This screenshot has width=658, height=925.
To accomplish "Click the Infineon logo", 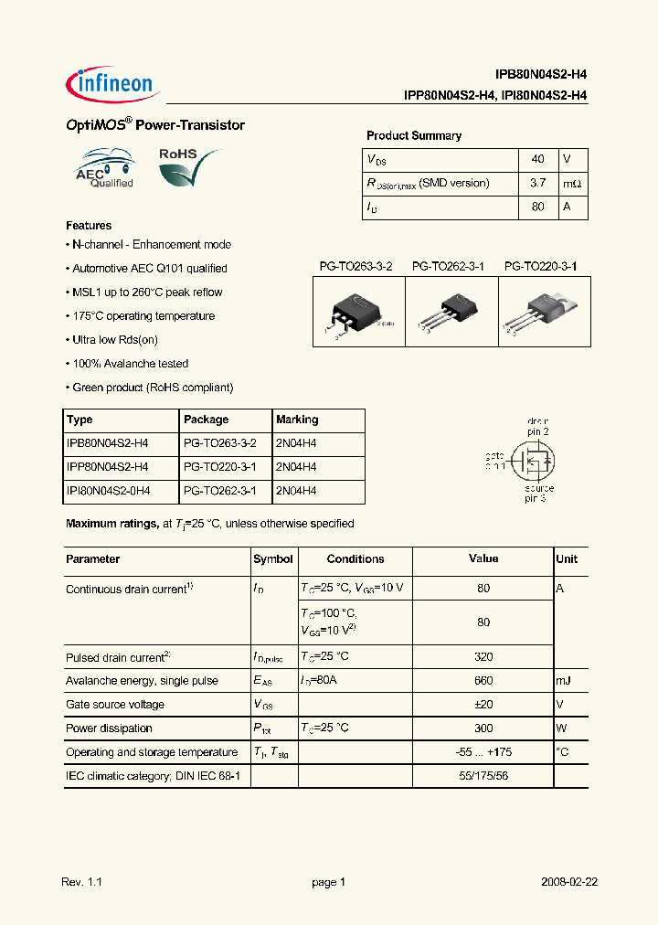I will pyautogui.click(x=113, y=83).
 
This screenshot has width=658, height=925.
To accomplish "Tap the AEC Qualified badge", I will pyautogui.click(x=105, y=169).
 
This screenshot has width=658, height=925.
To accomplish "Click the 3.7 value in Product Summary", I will pyautogui.click(x=537, y=183).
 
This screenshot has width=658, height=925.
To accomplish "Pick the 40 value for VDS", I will pyautogui.click(x=537, y=159).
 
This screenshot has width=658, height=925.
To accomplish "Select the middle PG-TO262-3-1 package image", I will pyautogui.click(x=450, y=311).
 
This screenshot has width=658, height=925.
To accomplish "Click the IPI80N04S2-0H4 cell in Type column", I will pyautogui.click(x=108, y=491).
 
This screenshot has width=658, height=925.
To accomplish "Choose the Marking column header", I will pyautogui.click(x=297, y=420).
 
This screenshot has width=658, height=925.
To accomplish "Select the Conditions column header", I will pyautogui.click(x=356, y=558).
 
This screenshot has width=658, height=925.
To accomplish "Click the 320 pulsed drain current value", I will pyautogui.click(x=483, y=656).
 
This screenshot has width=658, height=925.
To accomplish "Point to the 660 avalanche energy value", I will pyautogui.click(x=483, y=680).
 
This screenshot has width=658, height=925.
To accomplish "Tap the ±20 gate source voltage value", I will pyautogui.click(x=483, y=704).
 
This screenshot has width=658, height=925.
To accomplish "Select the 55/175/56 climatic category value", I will pyautogui.click(x=483, y=776).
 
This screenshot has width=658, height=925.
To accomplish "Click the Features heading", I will pyautogui.click(x=89, y=225).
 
